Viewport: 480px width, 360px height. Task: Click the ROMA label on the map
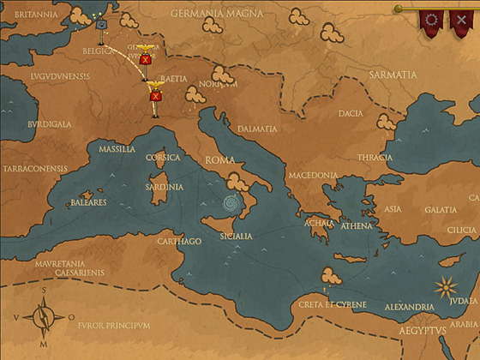point(219,160)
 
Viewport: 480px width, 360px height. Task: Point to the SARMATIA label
point(392,75)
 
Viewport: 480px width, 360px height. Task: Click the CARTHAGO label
point(179,241)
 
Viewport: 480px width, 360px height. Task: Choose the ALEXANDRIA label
point(410,307)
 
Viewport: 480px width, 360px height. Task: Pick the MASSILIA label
point(117,149)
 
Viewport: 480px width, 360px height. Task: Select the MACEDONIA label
point(313,175)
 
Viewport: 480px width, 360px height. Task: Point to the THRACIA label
point(375,157)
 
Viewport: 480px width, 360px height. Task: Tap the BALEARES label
point(89,202)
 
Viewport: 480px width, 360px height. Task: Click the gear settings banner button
point(431,20)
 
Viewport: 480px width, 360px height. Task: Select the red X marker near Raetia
point(155,97)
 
